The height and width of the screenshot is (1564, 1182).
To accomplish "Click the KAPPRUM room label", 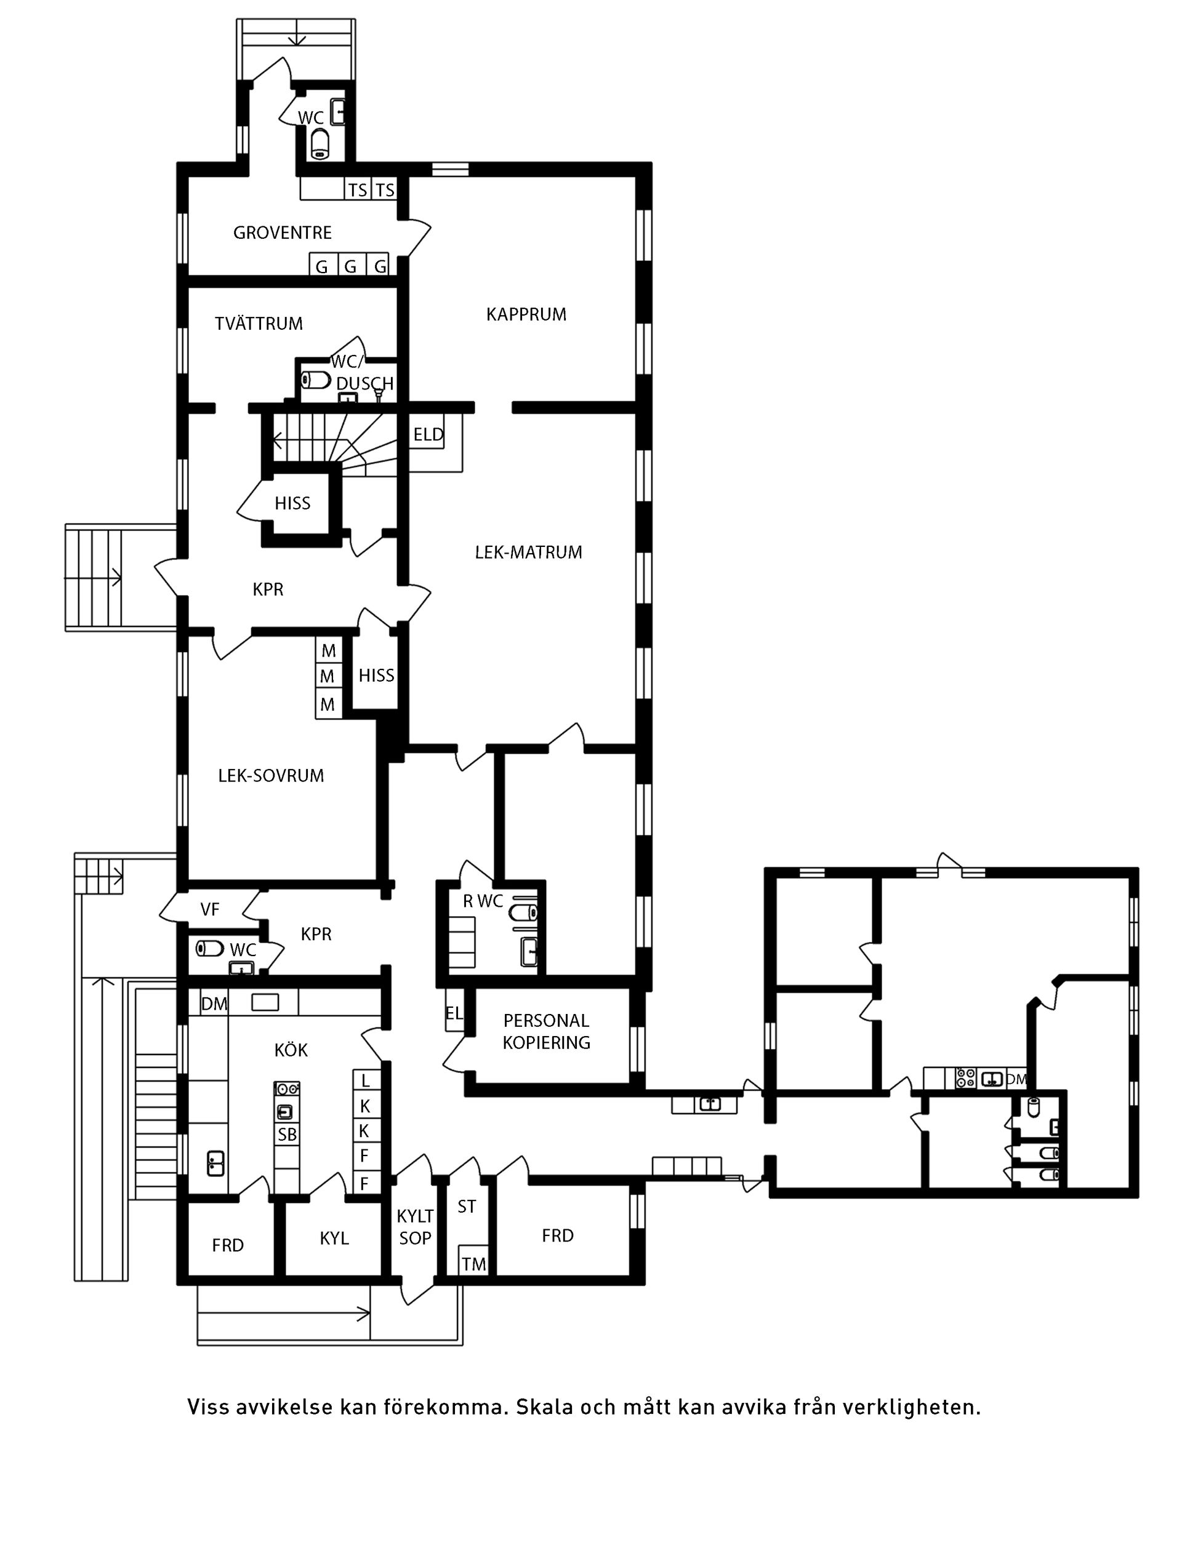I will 526,314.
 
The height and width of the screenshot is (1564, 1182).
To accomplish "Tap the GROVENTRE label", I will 282,233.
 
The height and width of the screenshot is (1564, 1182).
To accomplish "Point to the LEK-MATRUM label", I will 528,553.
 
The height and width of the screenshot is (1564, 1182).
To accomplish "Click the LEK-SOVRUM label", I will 270,776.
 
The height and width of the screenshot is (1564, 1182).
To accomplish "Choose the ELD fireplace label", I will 428,435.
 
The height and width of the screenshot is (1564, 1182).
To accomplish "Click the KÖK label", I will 291,1050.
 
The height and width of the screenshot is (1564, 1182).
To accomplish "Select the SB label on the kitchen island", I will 287,1135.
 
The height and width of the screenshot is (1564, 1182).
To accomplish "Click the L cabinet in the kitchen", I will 365,1080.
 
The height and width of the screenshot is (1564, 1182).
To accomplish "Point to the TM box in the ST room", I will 474,1264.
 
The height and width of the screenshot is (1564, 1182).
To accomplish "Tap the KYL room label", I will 334,1238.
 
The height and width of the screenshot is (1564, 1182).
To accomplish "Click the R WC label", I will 483,901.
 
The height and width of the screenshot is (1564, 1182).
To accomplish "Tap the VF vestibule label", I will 209,909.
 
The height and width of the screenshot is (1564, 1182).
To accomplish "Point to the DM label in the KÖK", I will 214,1004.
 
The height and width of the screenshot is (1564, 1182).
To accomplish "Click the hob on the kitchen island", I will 287,1089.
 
